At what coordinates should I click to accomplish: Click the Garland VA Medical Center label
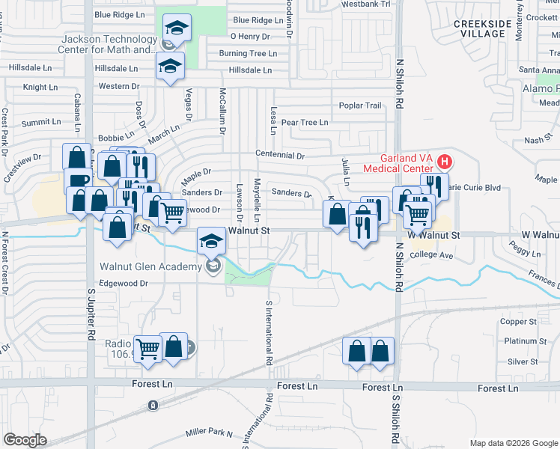pos(398,163)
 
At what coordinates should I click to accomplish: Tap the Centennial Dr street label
pos(280,156)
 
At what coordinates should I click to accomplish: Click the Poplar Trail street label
pos(360,106)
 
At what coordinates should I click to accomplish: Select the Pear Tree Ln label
pos(305,122)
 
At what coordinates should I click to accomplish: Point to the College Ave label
pos(432,255)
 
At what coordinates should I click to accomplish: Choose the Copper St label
pos(514,321)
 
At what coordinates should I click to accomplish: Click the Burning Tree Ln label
pos(248,53)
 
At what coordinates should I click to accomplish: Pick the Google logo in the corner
pos(25,440)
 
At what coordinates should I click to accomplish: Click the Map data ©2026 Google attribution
pos(513,443)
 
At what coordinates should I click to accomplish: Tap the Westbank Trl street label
pos(365,4)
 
